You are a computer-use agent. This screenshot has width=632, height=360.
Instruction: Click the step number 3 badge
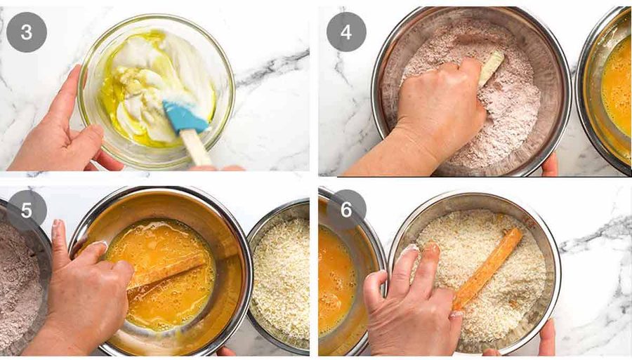tap(27, 32)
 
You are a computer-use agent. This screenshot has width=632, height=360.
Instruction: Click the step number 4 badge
tap(346, 32)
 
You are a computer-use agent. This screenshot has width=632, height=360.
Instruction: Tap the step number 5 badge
tap(27, 210)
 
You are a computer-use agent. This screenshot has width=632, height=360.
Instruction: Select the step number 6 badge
tap(346, 209)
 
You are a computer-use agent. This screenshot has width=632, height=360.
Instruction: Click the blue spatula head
tap(185, 116)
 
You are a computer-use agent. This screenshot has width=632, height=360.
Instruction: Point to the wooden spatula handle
tap(195, 147)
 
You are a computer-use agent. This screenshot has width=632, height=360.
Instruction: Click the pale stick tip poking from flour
tap(492, 67)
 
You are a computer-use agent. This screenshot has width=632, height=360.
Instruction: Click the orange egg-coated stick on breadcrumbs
tap(488, 268)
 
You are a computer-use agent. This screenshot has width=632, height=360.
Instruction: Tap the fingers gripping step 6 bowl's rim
tap(546, 338)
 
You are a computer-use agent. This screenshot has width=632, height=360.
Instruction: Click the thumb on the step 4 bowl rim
tap(550, 165)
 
